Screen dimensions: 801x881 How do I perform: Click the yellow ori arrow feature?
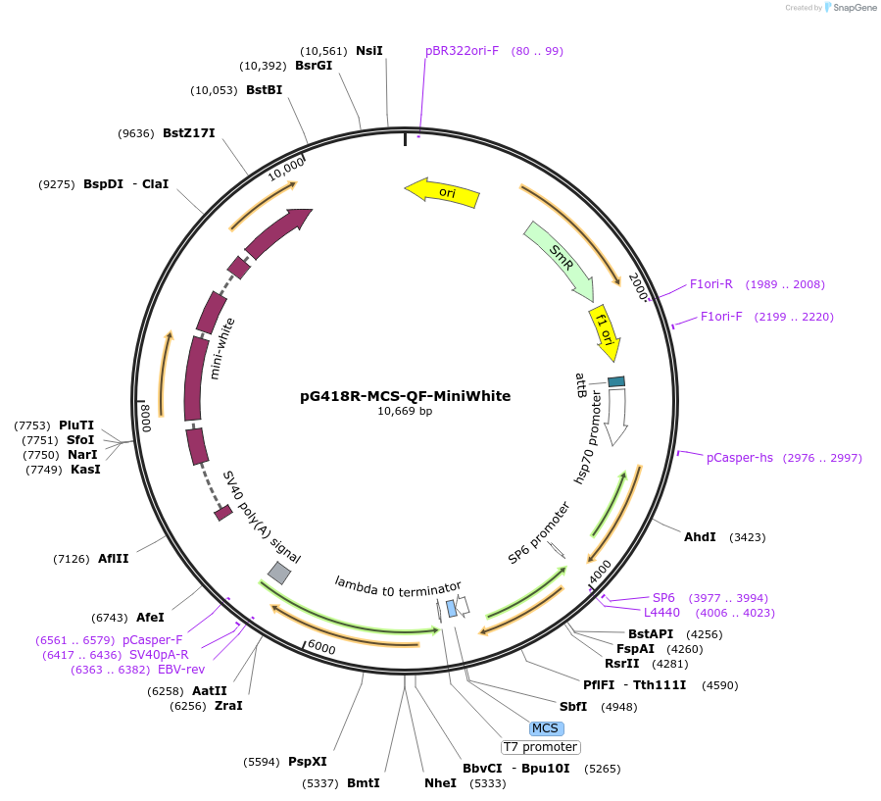[443, 191]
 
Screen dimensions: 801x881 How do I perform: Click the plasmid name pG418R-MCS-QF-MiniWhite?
[405, 396]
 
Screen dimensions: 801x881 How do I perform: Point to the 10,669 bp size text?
[405, 412]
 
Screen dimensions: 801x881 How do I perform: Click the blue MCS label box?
[544, 728]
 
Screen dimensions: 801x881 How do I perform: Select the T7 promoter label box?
[540, 747]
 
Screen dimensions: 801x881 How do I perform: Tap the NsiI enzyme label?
[369, 50]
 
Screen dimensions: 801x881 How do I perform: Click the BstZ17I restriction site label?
[188, 133]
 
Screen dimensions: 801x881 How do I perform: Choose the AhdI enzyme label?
[700, 537]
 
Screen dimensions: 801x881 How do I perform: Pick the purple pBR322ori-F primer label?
[462, 50]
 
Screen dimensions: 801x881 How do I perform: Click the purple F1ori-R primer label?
[711, 284]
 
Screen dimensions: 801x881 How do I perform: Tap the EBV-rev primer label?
[181, 670]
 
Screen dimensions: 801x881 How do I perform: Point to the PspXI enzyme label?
[308, 762]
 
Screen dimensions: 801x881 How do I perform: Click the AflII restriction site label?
[114, 559]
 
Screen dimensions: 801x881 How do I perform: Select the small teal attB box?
[616, 381]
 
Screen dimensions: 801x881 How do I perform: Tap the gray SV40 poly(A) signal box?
[279, 573]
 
